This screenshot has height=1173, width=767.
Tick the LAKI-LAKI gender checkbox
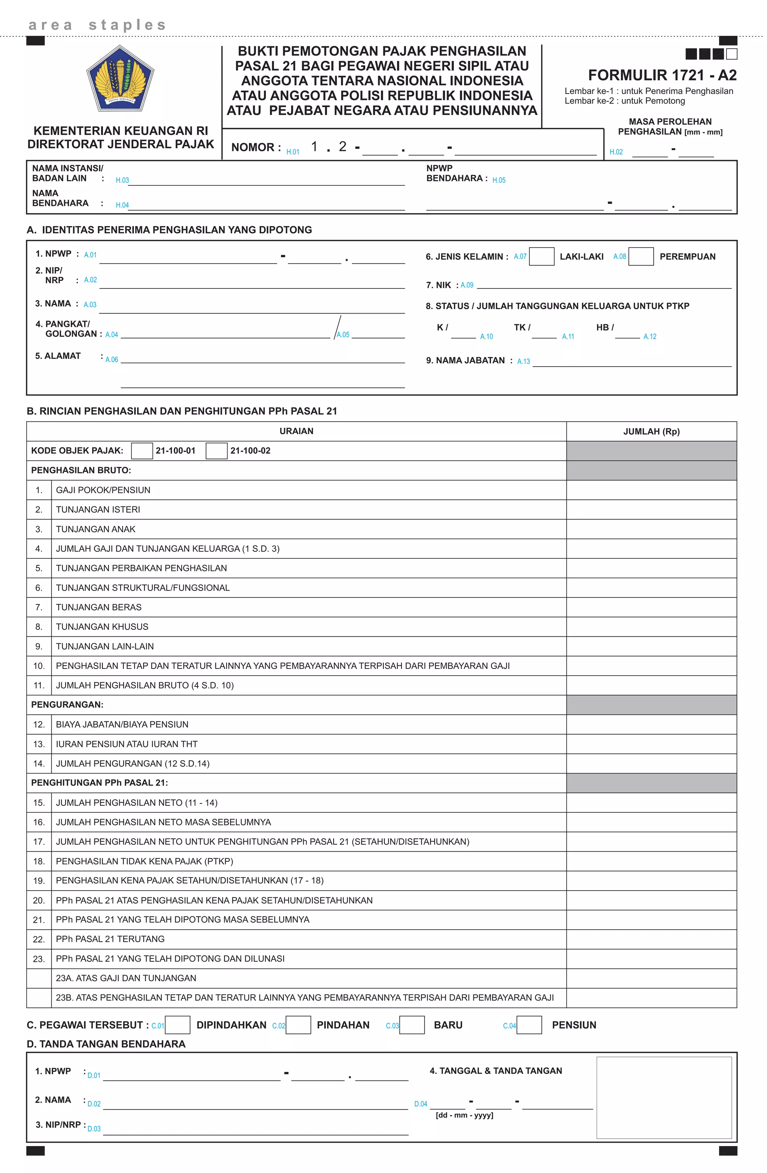coord(541,256)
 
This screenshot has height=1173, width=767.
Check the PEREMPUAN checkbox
coord(641,256)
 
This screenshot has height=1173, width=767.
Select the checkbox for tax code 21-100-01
coord(142,451)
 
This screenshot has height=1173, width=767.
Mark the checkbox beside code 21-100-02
coord(216,451)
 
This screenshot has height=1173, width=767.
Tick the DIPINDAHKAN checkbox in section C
coord(178,1025)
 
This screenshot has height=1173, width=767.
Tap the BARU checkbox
coord(412,1025)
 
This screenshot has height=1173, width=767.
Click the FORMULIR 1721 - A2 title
coord(662,75)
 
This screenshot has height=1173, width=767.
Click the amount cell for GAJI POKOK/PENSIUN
coord(651,490)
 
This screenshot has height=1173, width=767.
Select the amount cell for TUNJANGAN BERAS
coord(651,607)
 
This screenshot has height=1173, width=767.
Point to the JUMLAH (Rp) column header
coord(651,431)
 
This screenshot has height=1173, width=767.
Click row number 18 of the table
coord(39,861)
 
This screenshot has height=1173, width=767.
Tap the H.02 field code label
coord(616,152)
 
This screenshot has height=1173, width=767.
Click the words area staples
coord(97,25)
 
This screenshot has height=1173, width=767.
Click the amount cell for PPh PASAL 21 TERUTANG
coord(651,939)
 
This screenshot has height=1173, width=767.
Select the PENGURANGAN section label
coord(67,704)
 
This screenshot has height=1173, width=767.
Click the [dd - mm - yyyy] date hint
coord(464,1115)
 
